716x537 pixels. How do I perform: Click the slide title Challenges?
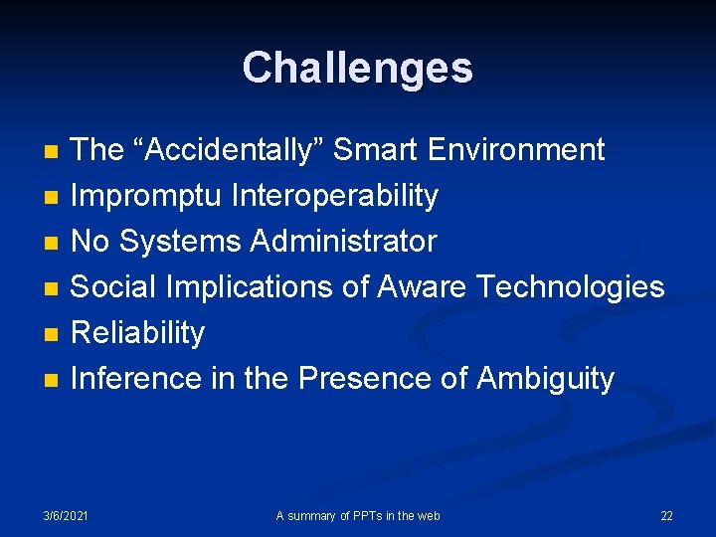click(x=357, y=68)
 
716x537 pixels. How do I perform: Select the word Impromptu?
click(x=146, y=197)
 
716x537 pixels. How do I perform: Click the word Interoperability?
click(x=334, y=197)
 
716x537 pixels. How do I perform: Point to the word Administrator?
click(x=343, y=242)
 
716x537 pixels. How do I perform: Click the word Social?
click(x=114, y=287)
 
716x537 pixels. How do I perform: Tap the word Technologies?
click(x=571, y=287)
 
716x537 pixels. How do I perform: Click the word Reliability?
click(x=137, y=333)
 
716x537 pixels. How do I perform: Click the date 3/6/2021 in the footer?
click(x=66, y=515)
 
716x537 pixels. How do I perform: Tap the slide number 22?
click(x=666, y=515)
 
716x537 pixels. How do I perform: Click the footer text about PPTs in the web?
click(x=358, y=515)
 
